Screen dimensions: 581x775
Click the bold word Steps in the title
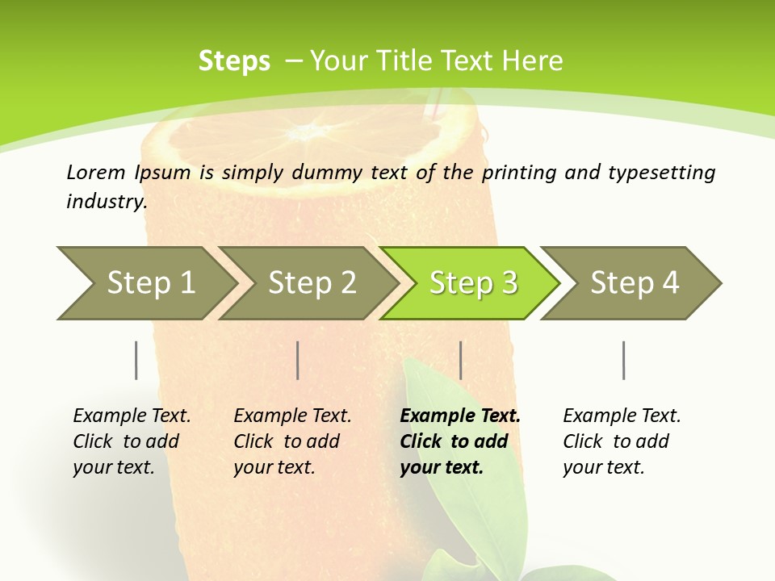(234, 61)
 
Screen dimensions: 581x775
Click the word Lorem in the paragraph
(96, 173)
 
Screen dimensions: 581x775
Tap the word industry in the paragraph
(106, 202)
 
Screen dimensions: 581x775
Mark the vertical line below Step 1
(136, 360)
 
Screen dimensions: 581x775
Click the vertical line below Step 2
(298, 360)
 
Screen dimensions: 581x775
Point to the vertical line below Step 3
(460, 360)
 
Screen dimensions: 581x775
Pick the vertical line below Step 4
(623, 360)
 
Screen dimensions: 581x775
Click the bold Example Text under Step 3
(460, 416)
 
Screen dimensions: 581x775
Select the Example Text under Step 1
(132, 416)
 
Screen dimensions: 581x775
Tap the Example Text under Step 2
(292, 416)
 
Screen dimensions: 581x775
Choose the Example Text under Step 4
(622, 416)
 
